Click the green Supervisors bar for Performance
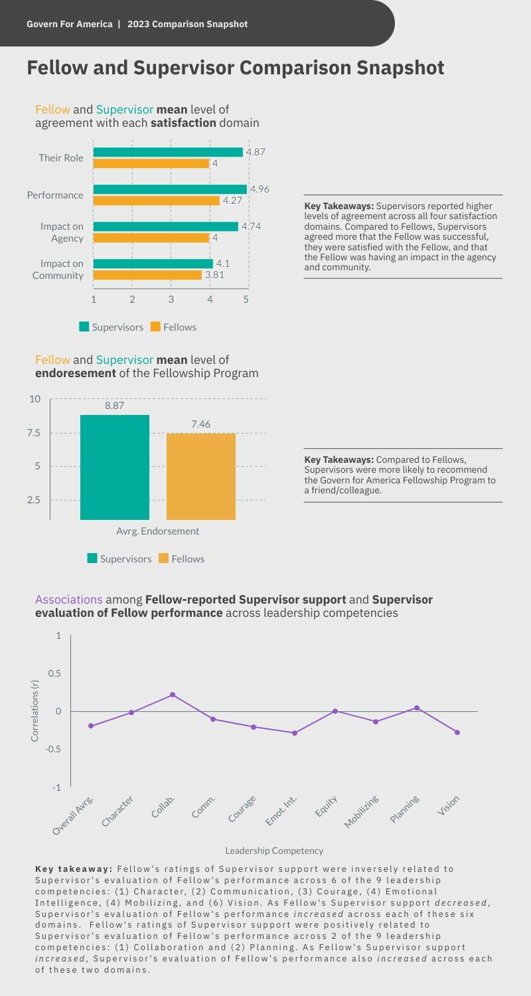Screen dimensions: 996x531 point(170,189)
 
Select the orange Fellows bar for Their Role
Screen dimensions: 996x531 point(151,163)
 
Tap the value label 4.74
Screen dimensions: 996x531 point(251,226)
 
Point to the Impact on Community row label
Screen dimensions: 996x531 point(58,270)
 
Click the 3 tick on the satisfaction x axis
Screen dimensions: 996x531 point(171,299)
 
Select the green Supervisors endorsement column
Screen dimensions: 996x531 point(115,467)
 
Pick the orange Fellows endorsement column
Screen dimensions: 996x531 point(201,476)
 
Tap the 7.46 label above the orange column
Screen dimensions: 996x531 point(200,424)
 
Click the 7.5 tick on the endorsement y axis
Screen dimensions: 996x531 point(33,433)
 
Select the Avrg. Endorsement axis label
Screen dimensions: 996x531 point(157,531)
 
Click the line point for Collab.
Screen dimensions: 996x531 point(173,695)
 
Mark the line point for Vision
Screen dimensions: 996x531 point(457,732)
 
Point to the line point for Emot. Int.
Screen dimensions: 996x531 point(295,733)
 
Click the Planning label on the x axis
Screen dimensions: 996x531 point(405,809)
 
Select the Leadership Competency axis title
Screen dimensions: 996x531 point(274,851)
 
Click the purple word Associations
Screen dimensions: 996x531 point(69,600)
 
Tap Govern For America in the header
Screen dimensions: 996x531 point(70,24)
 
